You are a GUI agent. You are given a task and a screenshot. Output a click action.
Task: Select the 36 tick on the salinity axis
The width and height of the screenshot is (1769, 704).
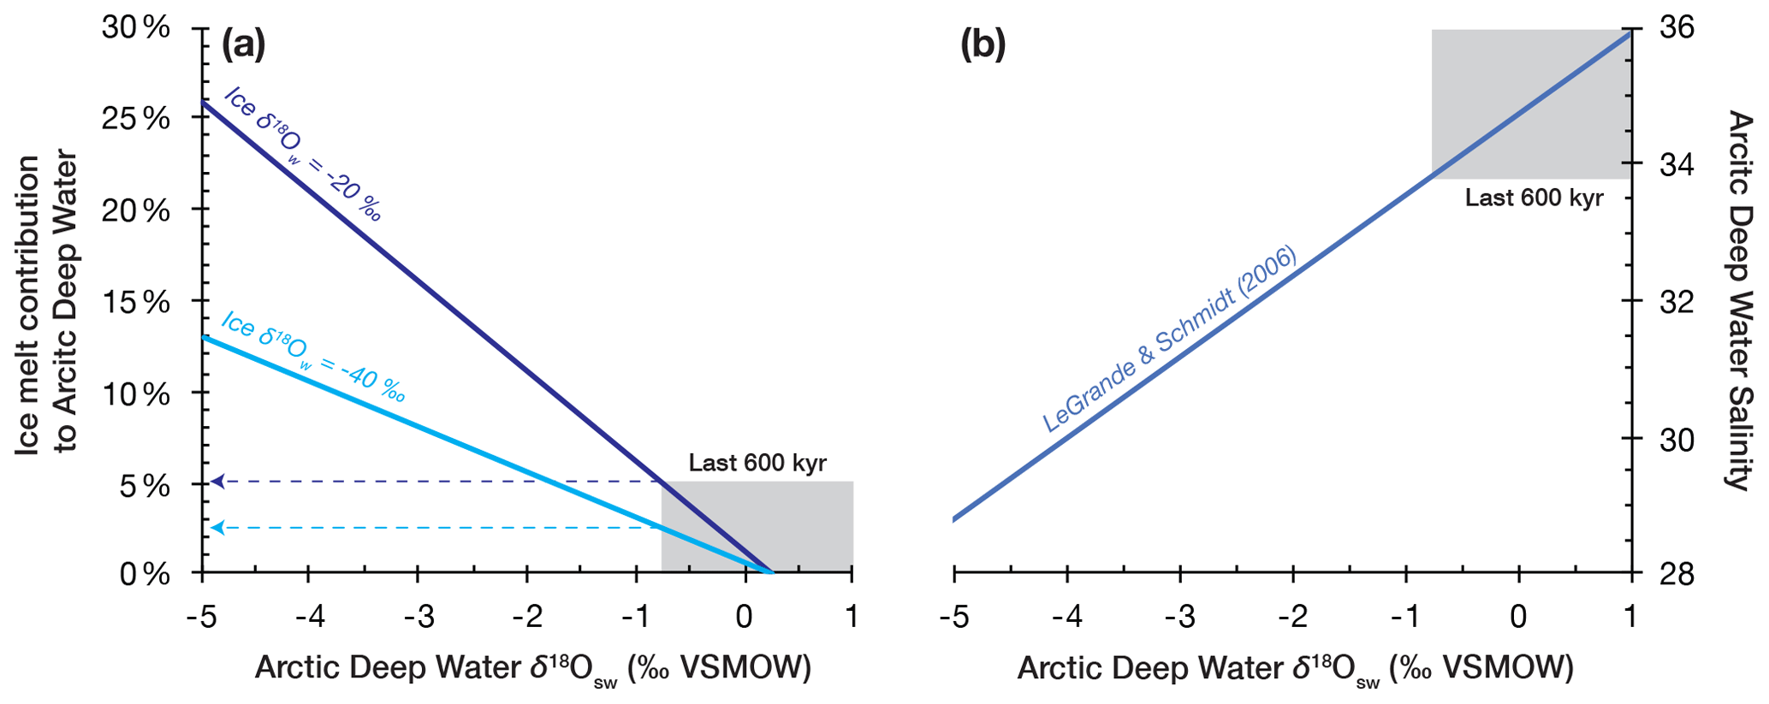[x=1677, y=28]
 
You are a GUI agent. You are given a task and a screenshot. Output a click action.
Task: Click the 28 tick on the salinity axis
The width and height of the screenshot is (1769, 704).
[x=1677, y=574]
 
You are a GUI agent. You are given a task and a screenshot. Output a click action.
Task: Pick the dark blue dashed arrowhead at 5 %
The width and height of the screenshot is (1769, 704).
[x=217, y=482]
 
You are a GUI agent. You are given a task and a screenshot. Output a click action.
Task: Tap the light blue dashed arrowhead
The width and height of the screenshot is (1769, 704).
[x=217, y=528]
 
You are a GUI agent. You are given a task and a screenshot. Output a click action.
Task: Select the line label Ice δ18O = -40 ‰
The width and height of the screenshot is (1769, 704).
[x=312, y=356]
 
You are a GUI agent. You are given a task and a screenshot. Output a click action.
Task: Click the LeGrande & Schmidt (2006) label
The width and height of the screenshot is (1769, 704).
[x=1169, y=339]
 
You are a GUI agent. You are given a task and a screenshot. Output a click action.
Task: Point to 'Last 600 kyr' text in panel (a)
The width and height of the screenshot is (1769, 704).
[x=757, y=464]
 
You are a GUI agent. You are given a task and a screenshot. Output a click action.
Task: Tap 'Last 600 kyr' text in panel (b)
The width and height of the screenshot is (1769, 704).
[x=1534, y=198]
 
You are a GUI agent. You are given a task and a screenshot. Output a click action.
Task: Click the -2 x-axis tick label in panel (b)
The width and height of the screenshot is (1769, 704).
[x=1291, y=617]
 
